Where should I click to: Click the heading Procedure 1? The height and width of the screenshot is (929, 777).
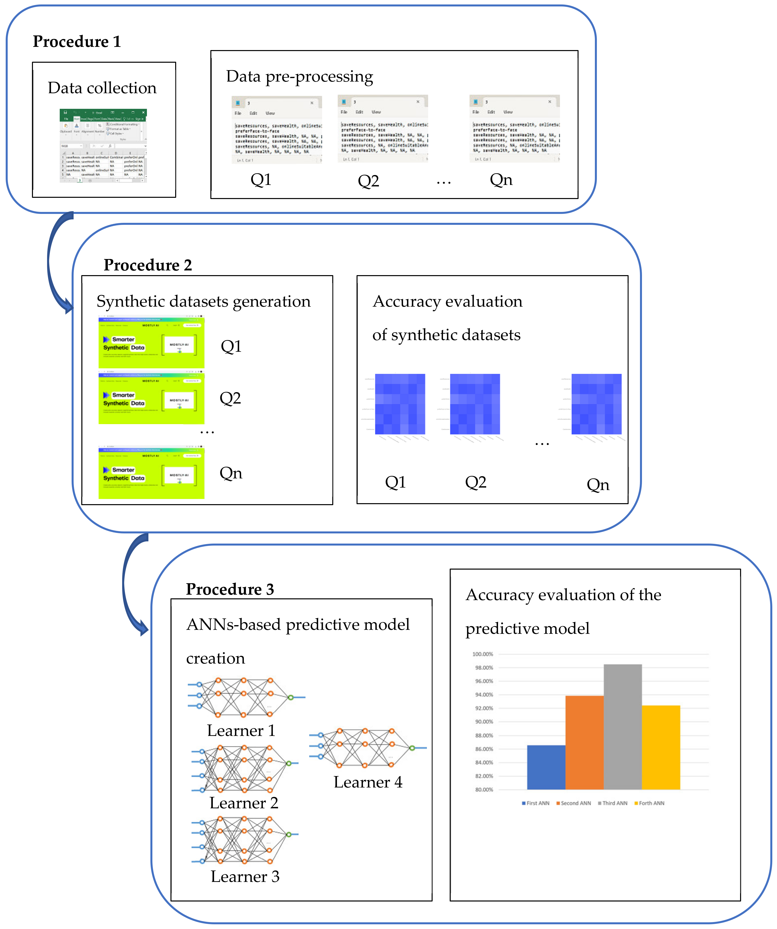coord(77,42)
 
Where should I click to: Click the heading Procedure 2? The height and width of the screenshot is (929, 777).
coord(147,265)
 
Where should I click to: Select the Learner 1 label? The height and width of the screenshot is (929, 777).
coord(241,730)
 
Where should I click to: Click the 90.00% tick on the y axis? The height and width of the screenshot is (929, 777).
coord(483,722)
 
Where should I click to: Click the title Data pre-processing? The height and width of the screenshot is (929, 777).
coord(299,77)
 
